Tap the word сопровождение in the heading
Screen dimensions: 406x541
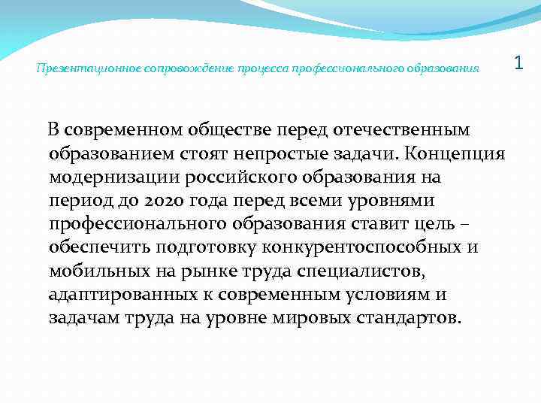165,68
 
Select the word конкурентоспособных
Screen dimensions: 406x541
362,248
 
